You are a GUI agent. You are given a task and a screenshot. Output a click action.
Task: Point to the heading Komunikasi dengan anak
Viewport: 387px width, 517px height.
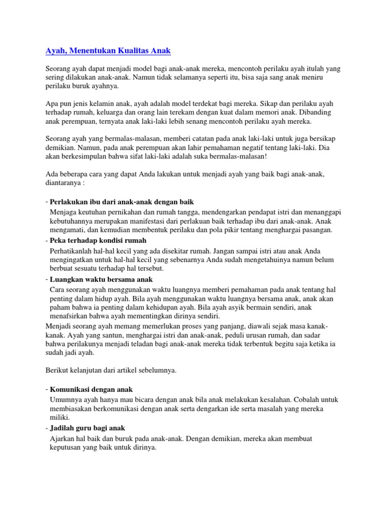91,389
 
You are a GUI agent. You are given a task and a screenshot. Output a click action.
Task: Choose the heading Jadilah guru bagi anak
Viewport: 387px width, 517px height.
87,428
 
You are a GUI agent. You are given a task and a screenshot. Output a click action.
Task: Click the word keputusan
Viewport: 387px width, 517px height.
67,447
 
